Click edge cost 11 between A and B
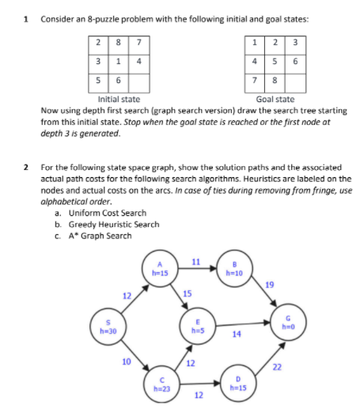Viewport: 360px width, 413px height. click(196, 261)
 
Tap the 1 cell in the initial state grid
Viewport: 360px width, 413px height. click(117, 61)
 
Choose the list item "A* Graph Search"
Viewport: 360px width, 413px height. click(102, 235)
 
